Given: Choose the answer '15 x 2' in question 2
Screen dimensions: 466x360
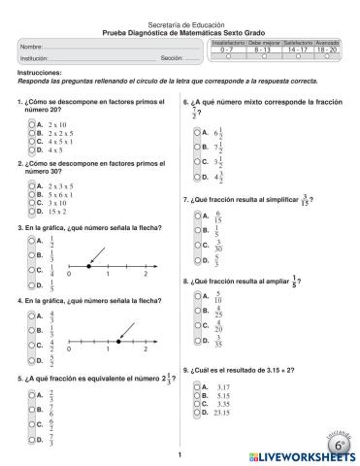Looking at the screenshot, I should point(45,212).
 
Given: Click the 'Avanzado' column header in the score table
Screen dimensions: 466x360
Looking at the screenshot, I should point(326,44).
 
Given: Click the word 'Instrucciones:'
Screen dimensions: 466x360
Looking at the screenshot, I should point(40,73).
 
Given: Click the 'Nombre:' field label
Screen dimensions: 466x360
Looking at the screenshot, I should point(31,48).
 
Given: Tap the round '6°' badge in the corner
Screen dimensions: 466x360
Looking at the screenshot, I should point(340,443).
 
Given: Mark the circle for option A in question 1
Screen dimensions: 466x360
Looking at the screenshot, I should point(31,125).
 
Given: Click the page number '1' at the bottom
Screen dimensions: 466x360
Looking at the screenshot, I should point(180,454).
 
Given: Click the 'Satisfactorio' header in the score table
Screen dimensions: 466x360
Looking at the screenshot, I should point(294,44).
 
